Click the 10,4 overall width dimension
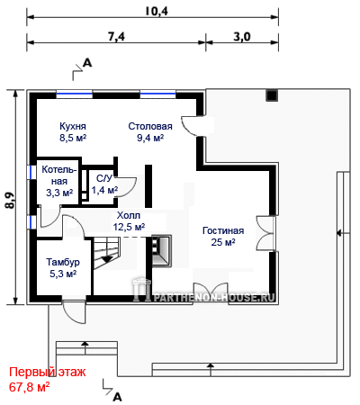coord(157,12)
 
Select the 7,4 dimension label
coord(116,37)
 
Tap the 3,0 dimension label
coord(242,37)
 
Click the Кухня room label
coord(73,126)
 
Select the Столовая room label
coord(150,126)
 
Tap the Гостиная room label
coord(223,230)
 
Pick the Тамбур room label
coord(63,262)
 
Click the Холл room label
coord(129,215)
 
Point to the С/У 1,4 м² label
coord(104,184)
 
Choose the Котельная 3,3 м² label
coord(59,181)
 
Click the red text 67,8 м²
coord(29,387)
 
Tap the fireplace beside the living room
coord(162,250)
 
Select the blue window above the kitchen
coord(75,94)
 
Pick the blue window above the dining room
coord(157,94)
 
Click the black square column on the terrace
coord(272,95)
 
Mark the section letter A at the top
coord(87,63)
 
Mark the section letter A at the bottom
coord(117,397)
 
